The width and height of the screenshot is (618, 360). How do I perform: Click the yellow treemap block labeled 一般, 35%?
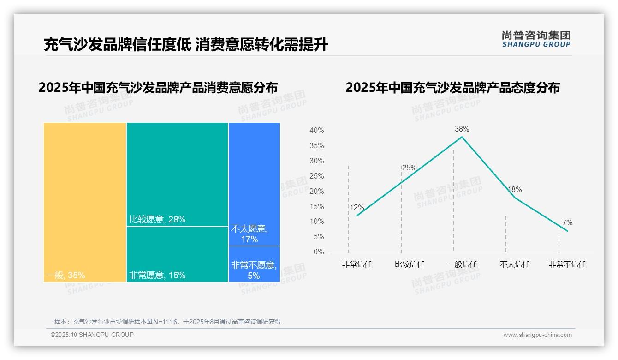click(85, 202)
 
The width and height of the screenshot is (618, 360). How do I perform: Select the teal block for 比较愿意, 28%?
click(177, 174)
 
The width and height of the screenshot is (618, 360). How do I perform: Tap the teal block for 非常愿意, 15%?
click(177, 254)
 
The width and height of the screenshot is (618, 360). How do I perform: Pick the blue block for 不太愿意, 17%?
click(254, 184)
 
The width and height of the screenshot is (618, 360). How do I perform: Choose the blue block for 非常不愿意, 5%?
click(254, 264)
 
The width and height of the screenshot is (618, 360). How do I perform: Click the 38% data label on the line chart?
click(462, 129)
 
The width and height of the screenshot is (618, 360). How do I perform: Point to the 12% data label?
click(357, 208)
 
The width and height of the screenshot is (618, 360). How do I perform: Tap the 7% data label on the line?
click(567, 223)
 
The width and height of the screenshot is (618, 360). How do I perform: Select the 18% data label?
click(514, 190)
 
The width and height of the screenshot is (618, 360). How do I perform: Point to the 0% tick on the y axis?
click(318, 252)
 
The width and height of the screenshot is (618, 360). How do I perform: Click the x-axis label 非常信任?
click(357, 264)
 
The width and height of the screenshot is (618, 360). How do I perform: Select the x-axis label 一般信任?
click(462, 264)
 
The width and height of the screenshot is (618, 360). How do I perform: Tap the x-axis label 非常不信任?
click(567, 264)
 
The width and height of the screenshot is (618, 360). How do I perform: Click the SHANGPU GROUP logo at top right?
click(536, 39)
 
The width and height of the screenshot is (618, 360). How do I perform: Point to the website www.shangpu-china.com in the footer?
click(537, 335)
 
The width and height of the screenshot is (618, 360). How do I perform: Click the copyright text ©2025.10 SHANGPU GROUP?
click(92, 335)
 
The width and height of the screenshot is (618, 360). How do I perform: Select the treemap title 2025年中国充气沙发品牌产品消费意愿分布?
click(158, 87)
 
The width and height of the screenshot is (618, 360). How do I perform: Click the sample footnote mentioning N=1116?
click(167, 322)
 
